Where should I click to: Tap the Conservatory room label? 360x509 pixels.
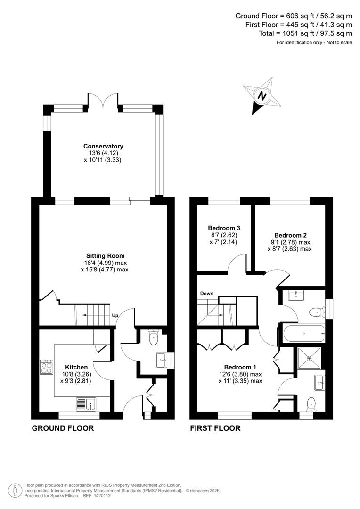point(103,146)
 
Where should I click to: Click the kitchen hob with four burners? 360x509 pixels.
point(47,367)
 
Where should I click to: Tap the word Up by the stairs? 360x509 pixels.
point(115,315)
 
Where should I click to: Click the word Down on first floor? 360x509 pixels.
point(206,293)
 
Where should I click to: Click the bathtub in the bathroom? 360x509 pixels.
point(303,334)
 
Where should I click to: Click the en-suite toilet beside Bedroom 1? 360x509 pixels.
point(311,402)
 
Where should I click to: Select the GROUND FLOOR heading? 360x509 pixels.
point(63,428)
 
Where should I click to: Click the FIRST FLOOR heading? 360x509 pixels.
point(215,428)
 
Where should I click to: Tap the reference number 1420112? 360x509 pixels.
point(102,495)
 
